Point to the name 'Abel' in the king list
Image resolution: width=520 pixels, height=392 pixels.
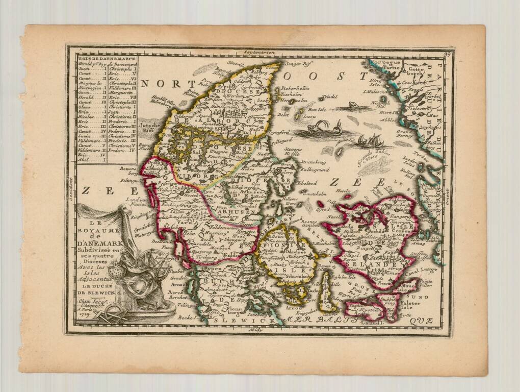click(83, 159)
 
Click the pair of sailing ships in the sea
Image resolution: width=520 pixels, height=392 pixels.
click(368, 140)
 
